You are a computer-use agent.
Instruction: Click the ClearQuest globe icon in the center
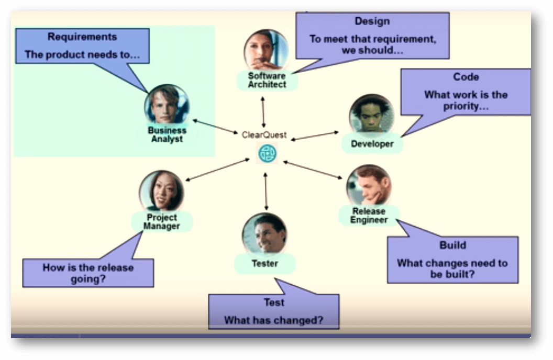[x=268, y=153]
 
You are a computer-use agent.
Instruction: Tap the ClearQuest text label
[x=264, y=135]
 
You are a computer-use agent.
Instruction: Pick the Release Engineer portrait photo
[x=369, y=185]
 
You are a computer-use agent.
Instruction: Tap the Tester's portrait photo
[x=264, y=234]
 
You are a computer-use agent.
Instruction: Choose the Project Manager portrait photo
[x=161, y=191]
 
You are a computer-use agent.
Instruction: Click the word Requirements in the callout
[x=82, y=37]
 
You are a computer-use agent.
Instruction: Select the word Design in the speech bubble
[x=372, y=21]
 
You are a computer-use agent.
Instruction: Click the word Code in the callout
[x=466, y=77]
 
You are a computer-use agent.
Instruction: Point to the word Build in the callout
[x=452, y=245]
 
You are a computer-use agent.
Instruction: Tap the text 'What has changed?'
[x=273, y=320]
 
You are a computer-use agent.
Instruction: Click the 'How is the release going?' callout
[x=88, y=273]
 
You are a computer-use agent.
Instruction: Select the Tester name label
[x=264, y=264]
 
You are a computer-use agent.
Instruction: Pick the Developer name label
[x=372, y=144]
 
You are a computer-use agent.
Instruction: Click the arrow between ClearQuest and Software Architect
[x=263, y=112]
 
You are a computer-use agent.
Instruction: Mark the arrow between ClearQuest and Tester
[x=266, y=192]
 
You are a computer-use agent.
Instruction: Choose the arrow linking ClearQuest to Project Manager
[x=217, y=170]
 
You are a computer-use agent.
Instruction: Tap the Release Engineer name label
[x=369, y=216]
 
